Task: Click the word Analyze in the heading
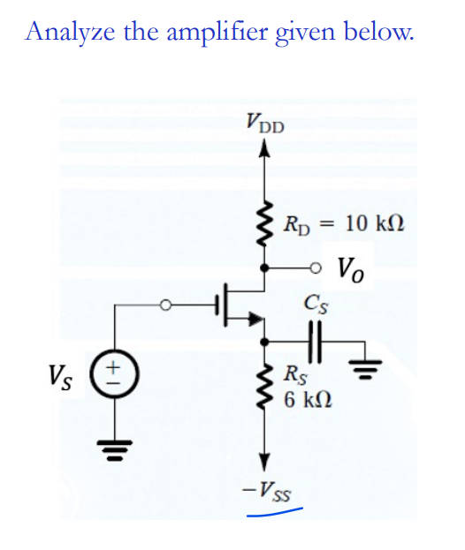(67, 32)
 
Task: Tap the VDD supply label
(264, 121)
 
